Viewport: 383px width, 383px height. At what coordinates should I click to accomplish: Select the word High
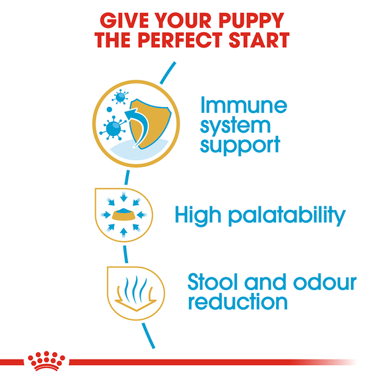pos(198,215)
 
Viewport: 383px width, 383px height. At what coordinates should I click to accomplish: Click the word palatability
pos(287,216)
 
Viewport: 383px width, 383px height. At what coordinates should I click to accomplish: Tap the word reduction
pos(238,302)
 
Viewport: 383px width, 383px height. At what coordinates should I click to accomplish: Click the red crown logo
pos(46,360)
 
